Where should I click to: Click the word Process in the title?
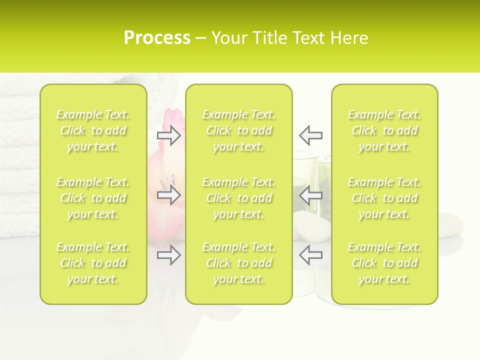pos(157,38)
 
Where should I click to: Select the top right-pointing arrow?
pos(169,135)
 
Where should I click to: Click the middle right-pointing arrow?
pos(169,194)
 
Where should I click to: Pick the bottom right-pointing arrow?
pos(169,255)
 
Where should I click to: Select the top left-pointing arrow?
pos(310,135)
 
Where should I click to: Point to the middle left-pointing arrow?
pos(310,194)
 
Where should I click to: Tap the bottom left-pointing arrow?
pos(310,255)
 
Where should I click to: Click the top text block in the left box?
pos(93,130)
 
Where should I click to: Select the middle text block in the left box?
pos(93,198)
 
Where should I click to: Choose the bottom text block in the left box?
pos(93,263)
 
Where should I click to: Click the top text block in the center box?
pos(238,130)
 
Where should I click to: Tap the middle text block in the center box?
pos(238,198)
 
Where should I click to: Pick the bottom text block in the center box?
pos(238,263)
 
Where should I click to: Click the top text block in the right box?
pos(384,130)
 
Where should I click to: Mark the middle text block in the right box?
pos(384,198)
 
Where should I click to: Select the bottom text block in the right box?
pos(384,263)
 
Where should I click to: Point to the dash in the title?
pos(201,38)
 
